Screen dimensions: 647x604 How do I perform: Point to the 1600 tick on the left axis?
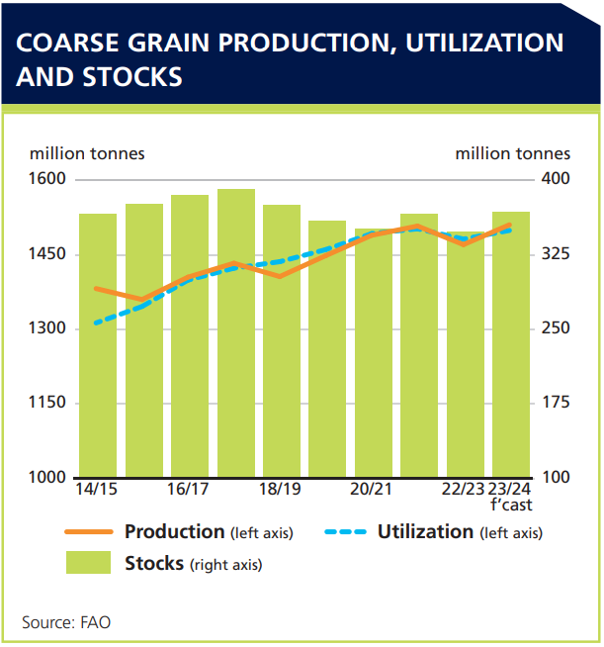coord(46,180)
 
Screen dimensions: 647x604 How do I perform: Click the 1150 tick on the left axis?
coord(46,404)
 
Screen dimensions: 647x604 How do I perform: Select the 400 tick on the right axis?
coord(555,180)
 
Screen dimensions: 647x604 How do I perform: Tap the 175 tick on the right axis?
coord(555,404)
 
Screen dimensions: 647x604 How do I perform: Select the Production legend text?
coord(174,532)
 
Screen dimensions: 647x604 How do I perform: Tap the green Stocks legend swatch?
coord(87,564)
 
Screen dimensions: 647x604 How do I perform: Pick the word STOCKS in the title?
coord(132,77)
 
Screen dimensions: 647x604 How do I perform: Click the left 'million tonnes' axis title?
coord(87,153)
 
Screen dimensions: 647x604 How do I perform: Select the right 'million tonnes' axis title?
coord(512,153)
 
